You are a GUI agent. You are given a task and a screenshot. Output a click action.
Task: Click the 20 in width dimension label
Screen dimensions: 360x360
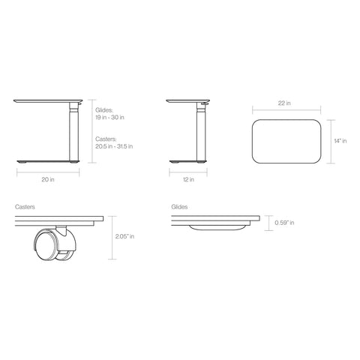[x=47, y=180]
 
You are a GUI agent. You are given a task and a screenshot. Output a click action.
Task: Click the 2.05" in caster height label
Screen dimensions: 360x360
[x=125, y=237]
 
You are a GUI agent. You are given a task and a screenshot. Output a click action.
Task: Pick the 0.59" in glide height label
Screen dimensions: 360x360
[x=284, y=223]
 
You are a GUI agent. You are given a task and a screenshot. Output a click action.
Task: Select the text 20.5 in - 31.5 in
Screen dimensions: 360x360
[x=114, y=146]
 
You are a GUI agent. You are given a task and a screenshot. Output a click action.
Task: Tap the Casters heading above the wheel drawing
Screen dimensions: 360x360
[x=25, y=205]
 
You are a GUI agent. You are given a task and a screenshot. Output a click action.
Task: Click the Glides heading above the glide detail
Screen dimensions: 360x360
[x=179, y=205]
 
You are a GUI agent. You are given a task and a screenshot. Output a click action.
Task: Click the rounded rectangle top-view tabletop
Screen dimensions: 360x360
[x=288, y=140]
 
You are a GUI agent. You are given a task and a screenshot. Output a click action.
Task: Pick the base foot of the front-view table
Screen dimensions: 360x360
[x=45, y=163]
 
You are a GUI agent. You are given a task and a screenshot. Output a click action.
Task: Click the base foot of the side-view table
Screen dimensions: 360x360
[x=187, y=163]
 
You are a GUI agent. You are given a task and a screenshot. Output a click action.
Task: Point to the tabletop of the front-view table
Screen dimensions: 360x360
[x=49, y=100]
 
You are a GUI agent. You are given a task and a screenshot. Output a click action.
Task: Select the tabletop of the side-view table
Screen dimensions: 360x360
[x=187, y=100]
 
